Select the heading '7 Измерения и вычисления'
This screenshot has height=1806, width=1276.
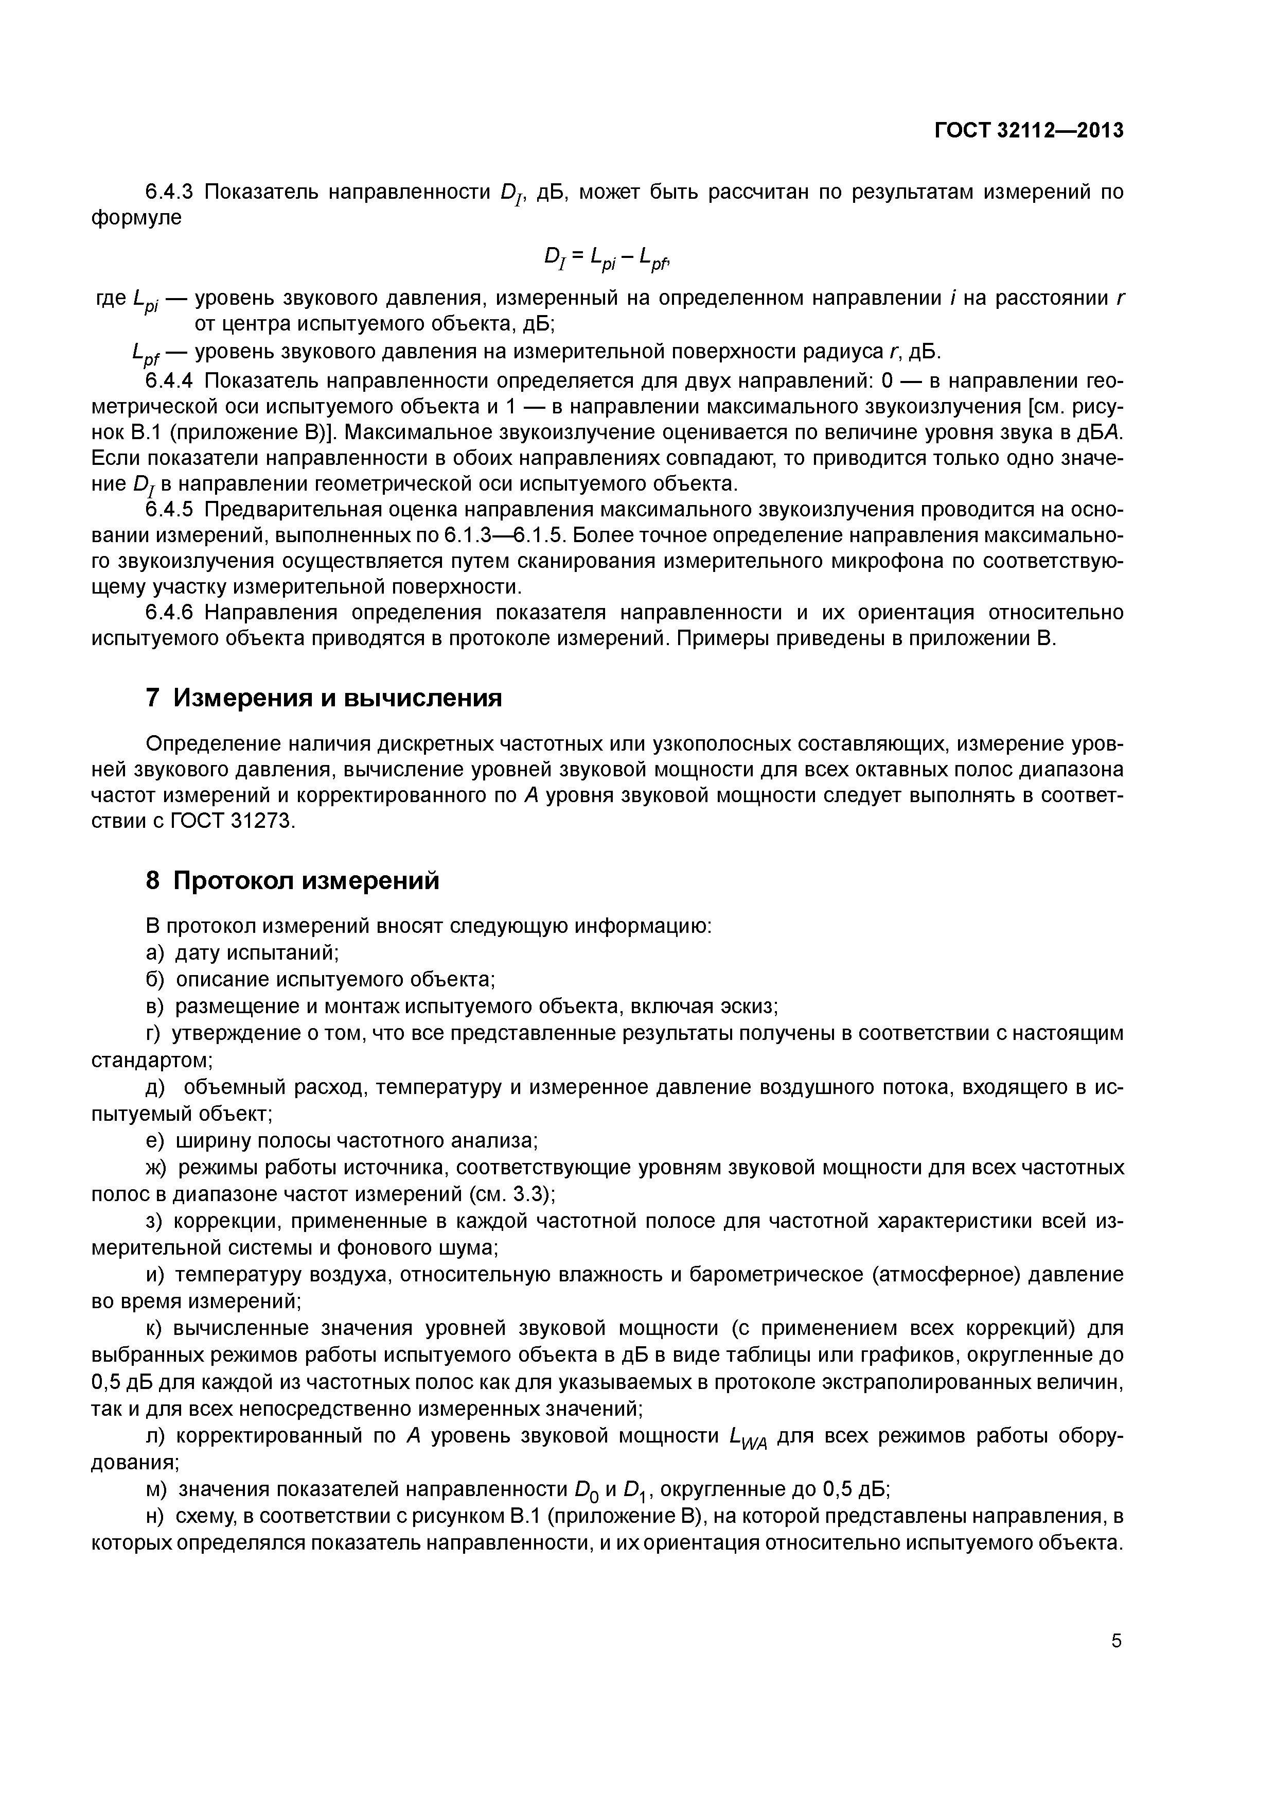tap(324, 698)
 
